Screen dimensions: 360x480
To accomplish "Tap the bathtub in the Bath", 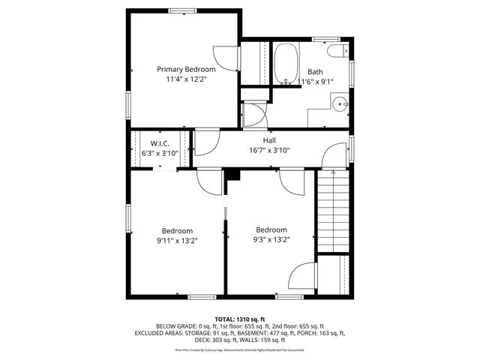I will [285, 64].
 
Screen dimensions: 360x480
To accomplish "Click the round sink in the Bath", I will [340, 105].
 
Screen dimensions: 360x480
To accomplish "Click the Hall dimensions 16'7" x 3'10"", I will [268, 150].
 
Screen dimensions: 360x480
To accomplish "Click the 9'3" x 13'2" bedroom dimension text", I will [271, 239].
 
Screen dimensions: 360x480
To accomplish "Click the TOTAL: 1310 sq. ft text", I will [239, 318].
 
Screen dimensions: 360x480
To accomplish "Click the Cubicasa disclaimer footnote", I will [239, 349].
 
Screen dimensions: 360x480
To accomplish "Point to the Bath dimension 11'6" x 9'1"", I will [315, 81].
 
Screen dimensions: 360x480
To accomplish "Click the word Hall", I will [268, 140].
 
